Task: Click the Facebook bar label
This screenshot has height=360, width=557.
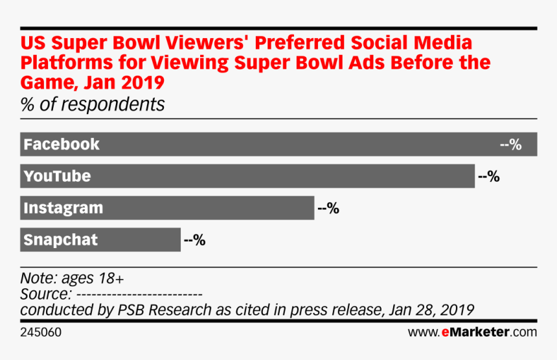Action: coord(62,144)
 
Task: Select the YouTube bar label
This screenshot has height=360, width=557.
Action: coord(57,176)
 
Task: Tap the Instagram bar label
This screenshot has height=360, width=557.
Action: coord(63,208)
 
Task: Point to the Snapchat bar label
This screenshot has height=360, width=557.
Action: coord(60,240)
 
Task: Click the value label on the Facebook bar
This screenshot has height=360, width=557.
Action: coord(511,144)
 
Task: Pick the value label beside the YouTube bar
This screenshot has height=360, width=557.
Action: coord(488,176)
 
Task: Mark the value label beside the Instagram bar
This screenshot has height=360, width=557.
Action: coord(328,208)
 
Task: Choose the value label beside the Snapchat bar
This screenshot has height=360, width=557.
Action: coord(194,240)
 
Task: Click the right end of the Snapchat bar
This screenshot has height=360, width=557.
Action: coord(179,240)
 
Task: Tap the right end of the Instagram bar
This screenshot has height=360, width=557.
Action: coord(313,208)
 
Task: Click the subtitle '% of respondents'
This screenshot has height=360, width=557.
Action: coord(93,104)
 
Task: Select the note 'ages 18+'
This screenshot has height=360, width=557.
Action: coord(93,278)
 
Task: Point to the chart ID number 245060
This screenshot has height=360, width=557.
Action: coord(41,332)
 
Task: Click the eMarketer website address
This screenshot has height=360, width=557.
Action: coord(472,332)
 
